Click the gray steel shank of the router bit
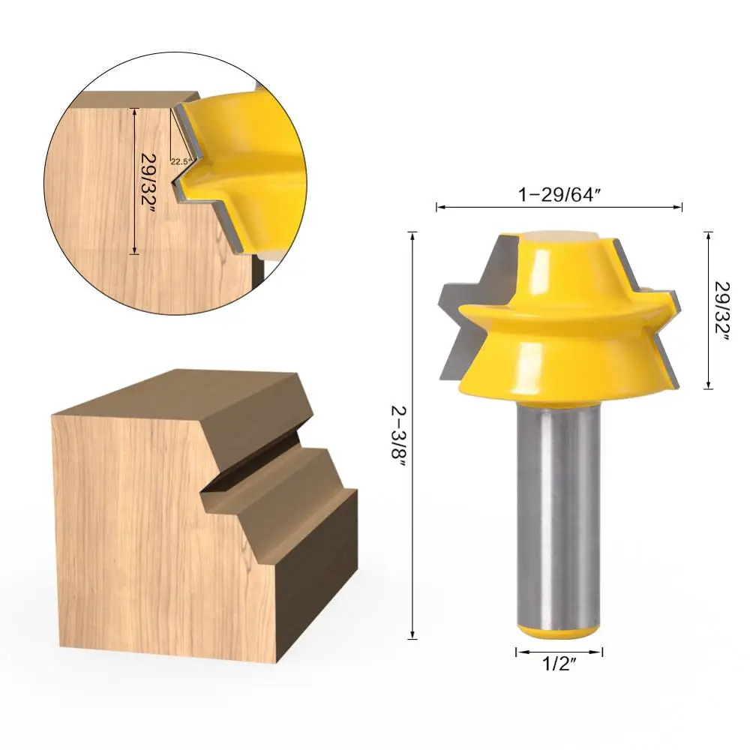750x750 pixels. (x=559, y=510)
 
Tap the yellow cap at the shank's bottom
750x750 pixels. (x=559, y=631)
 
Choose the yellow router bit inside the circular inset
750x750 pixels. (x=247, y=172)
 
